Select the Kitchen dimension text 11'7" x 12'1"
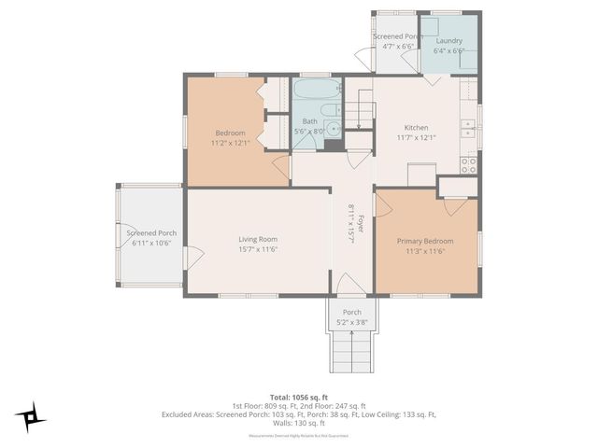pyautogui.click(x=416, y=138)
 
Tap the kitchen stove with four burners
pyautogui.click(x=469, y=165)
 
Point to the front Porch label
pyautogui.click(x=352, y=313)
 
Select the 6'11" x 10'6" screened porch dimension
pyautogui.click(x=151, y=243)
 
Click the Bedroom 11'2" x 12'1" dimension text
pyautogui.click(x=228, y=143)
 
